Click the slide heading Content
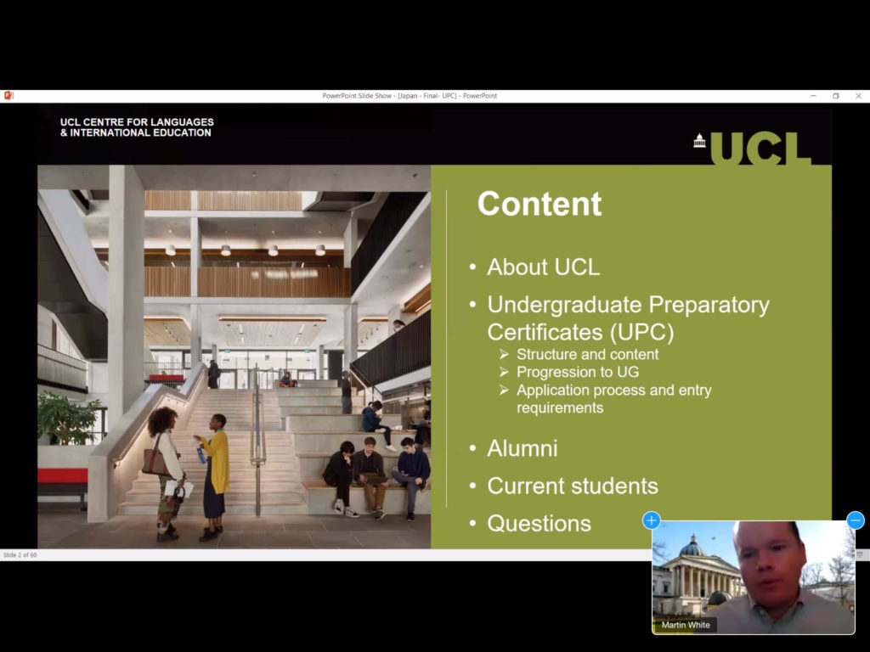[540, 204]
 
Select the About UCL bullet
[543, 267]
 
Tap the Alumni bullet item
[523, 448]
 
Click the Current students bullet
[573, 486]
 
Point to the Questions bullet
[539, 524]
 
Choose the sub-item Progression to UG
[578, 372]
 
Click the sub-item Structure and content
[588, 354]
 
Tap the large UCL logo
[753, 148]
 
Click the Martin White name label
[686, 625]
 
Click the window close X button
[858, 96]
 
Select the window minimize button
[813, 96]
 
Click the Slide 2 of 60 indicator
[20, 554]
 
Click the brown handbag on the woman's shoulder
[155, 460]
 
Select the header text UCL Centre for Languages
[137, 122]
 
